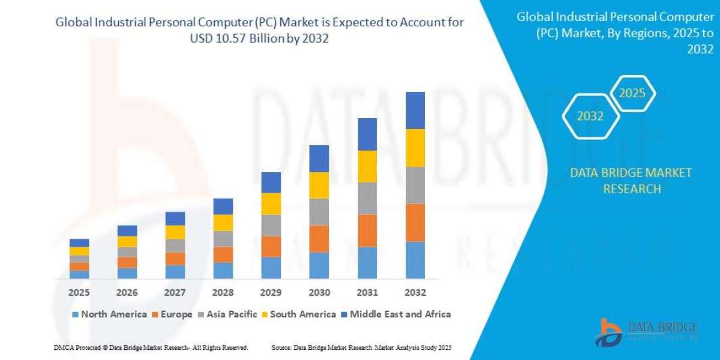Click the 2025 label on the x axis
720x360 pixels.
pyautogui.click(x=79, y=293)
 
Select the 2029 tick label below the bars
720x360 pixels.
pyautogui.click(x=271, y=293)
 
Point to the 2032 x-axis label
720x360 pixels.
pyautogui.click(x=415, y=293)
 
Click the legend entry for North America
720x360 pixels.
pyautogui.click(x=109, y=314)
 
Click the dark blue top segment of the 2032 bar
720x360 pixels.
pyautogui.click(x=415, y=110)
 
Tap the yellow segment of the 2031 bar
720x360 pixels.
pyautogui.click(x=367, y=166)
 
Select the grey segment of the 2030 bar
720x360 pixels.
pyautogui.click(x=319, y=212)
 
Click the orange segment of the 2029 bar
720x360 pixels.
pyautogui.click(x=271, y=247)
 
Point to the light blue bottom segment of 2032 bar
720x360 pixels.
pyautogui.click(x=415, y=260)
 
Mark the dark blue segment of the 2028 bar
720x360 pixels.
pyautogui.click(x=223, y=206)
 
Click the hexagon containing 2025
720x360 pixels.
pyautogui.click(x=631, y=94)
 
